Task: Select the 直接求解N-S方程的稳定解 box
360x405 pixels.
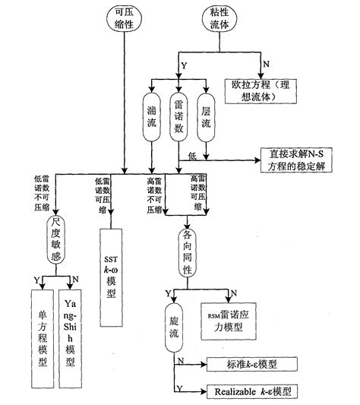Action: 299,161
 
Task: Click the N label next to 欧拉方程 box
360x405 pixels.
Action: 265,62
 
